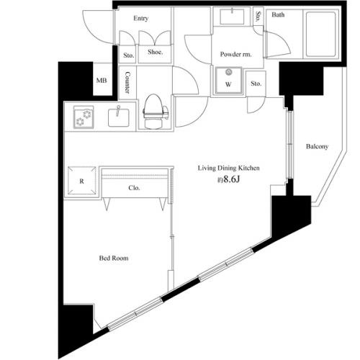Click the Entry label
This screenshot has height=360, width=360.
click(x=140, y=19)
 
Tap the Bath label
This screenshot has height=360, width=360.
click(x=277, y=14)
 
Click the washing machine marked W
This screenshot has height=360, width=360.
click(x=228, y=78)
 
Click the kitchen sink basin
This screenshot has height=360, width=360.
click(x=118, y=116)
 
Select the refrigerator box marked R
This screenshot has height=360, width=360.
click(x=82, y=181)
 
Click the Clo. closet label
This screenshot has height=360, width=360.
click(x=134, y=189)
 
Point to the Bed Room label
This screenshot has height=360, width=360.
click(x=114, y=256)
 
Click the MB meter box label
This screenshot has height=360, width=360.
click(x=101, y=81)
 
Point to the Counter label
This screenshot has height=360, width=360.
click(x=127, y=83)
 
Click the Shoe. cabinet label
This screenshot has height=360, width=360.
click(x=155, y=52)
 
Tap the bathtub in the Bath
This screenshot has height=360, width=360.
click(x=312, y=36)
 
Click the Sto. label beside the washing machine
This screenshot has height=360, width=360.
click(x=256, y=84)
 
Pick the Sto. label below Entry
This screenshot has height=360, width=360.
click(x=127, y=54)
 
